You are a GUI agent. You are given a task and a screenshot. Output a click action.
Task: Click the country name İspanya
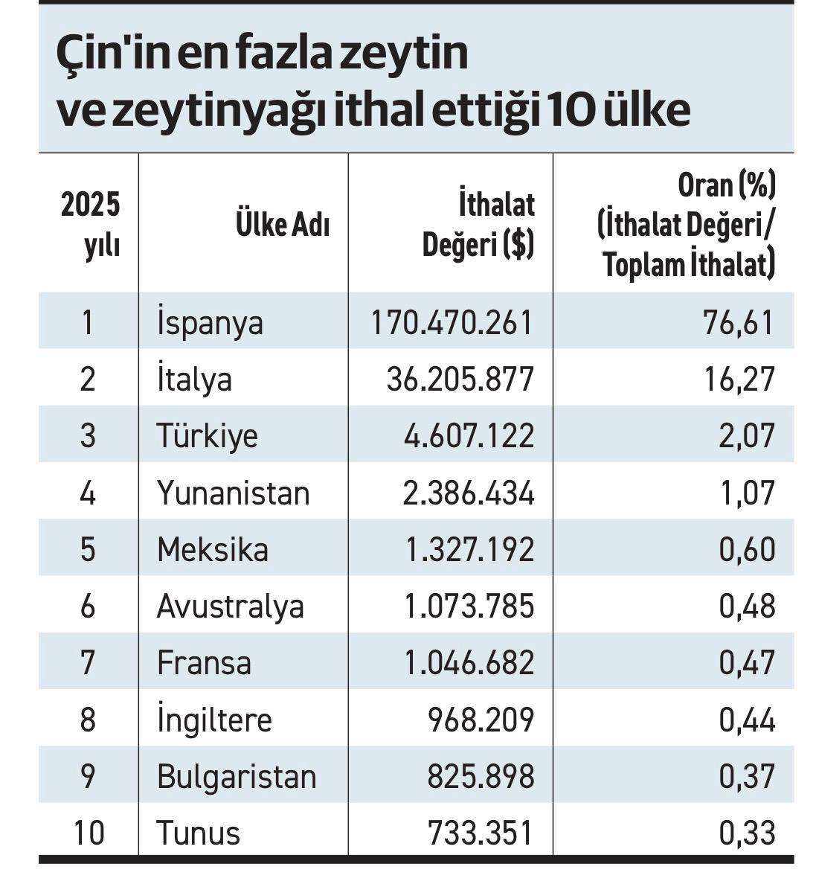(x=210, y=321)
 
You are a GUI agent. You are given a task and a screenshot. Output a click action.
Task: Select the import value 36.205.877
(x=460, y=380)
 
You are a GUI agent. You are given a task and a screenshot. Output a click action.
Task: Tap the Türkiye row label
(x=207, y=435)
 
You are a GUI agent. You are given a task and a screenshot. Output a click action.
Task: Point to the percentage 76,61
(x=738, y=322)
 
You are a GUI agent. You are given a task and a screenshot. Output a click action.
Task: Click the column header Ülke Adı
(x=283, y=224)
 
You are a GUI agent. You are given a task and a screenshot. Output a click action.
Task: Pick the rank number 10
(x=89, y=833)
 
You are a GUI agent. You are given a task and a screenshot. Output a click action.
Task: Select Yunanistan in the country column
(x=234, y=493)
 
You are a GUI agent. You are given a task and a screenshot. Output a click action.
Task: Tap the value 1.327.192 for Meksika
(x=470, y=549)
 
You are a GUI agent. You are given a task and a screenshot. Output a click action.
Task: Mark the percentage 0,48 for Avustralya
(x=747, y=606)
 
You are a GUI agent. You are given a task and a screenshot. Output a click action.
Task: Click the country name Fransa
(x=204, y=662)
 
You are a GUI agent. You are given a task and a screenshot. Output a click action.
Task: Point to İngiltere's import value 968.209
(x=481, y=719)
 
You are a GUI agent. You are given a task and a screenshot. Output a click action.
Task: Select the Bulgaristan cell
(x=237, y=776)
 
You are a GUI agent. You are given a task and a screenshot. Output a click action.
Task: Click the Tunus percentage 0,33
(x=747, y=833)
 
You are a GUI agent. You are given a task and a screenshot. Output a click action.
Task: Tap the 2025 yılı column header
(x=90, y=225)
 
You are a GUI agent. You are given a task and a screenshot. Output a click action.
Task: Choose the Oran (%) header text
(x=726, y=184)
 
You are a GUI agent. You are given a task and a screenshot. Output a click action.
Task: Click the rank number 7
(x=88, y=662)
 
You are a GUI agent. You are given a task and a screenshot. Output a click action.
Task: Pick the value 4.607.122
(x=469, y=436)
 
